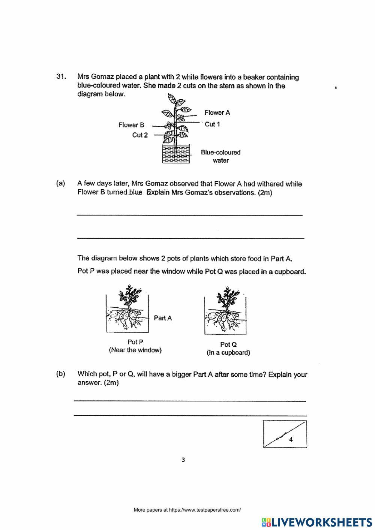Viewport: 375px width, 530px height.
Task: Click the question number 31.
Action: coord(61,77)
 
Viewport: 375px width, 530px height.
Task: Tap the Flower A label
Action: coord(217,112)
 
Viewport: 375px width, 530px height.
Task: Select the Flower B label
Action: coord(131,125)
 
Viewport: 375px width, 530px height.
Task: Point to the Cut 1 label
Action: coord(212,124)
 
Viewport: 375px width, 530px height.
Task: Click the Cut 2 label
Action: coord(140,135)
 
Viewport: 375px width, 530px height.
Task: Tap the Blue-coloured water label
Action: coord(220,156)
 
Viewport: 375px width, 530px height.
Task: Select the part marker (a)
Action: coord(60,183)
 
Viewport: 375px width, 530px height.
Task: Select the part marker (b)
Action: coord(60,374)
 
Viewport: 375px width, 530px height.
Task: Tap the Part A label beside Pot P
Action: coord(163,318)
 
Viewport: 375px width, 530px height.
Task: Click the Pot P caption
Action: coord(135,342)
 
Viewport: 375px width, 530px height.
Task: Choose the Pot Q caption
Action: coord(228,344)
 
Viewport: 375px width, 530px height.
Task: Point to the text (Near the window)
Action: coord(135,350)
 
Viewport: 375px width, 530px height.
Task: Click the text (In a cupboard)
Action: coord(228,353)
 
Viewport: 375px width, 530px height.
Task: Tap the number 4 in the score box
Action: coord(291,440)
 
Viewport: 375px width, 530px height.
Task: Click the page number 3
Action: coord(183,460)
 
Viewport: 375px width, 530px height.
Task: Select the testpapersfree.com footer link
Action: coord(187,510)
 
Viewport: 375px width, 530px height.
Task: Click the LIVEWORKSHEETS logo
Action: coord(317,522)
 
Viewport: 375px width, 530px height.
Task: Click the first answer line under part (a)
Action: coord(189,214)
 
